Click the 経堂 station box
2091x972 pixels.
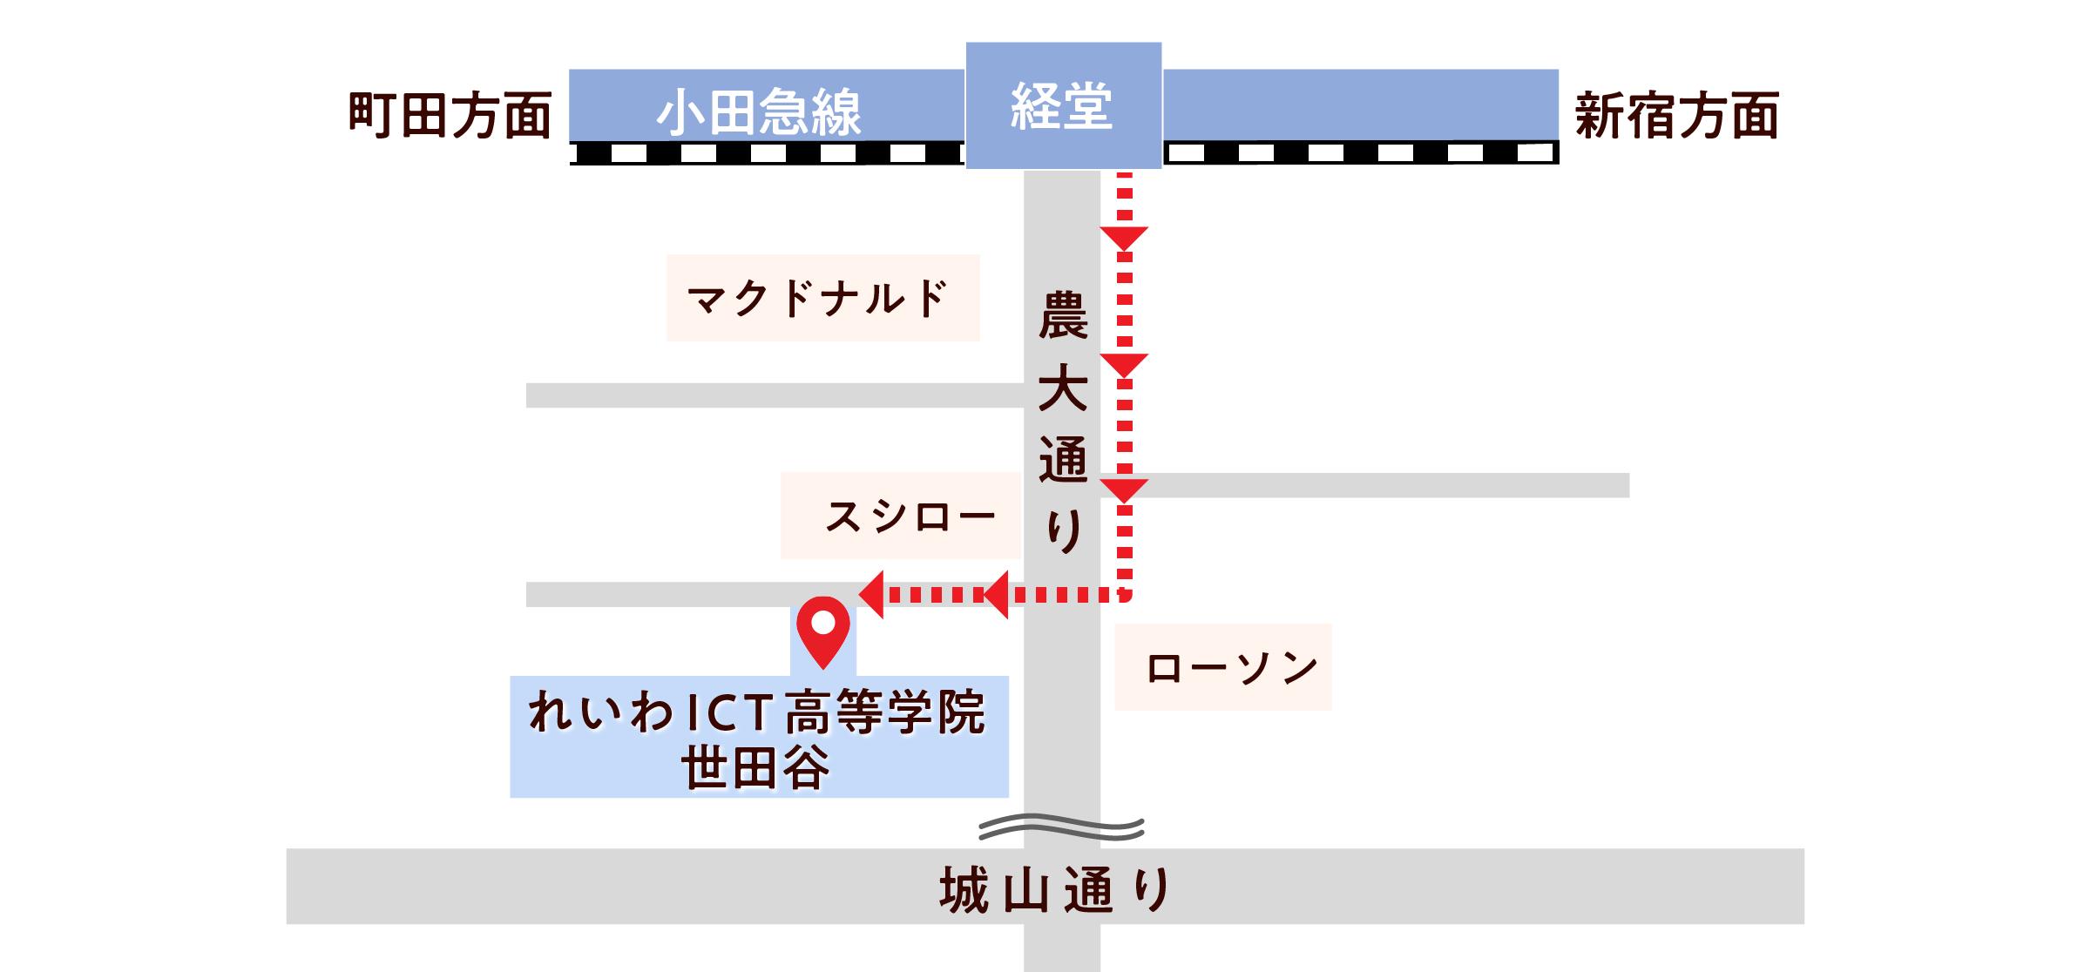pos(1063,105)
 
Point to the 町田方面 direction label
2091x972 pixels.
pos(450,116)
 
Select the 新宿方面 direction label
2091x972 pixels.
pos(1676,116)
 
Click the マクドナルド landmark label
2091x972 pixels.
pos(819,298)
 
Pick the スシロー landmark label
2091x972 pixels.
pos(909,516)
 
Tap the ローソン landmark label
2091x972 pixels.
pos(1230,668)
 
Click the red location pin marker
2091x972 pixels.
pos(823,628)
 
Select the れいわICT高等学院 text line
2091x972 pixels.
pos(756,712)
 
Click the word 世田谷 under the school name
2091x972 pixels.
pos(756,768)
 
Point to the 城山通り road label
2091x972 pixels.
pos(1056,890)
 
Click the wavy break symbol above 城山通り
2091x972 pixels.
pos(1061,828)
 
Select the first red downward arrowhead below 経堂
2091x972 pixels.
pos(1124,238)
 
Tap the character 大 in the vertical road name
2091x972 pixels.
pos(1063,388)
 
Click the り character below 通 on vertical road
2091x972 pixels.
pos(1063,530)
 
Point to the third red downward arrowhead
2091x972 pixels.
pos(1124,489)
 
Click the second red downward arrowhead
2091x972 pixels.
pos(1124,364)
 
